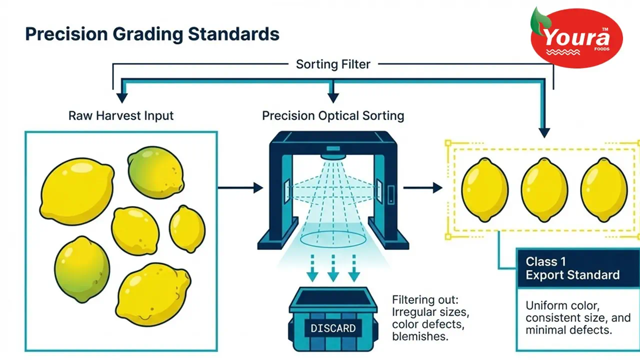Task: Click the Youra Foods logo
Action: pyautogui.click(x=576, y=37)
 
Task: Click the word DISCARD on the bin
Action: pyautogui.click(x=333, y=328)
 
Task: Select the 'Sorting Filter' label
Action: pyautogui.click(x=333, y=64)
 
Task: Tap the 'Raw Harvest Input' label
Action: pyautogui.click(x=121, y=115)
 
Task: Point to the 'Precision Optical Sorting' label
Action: pyautogui.click(x=333, y=115)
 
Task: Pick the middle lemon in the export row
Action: pyautogui.click(x=544, y=190)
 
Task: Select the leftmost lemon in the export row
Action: pyautogui.click(x=485, y=190)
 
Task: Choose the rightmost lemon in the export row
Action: pyautogui.click(x=604, y=190)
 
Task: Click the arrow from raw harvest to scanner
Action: pyautogui.click(x=240, y=187)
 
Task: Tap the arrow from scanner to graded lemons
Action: pyautogui.click(x=423, y=187)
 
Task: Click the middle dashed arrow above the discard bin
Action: pyautogui.click(x=333, y=268)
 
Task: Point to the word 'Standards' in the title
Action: pyautogui.click(x=233, y=34)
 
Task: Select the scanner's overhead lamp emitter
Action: pyautogui.click(x=333, y=156)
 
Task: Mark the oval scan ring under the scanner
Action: pyautogui.click(x=333, y=239)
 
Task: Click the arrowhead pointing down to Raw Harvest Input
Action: pyautogui.click(x=122, y=98)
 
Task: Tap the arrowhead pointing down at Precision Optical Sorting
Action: pyautogui.click(x=333, y=98)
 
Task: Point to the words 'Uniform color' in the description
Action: pyautogui.click(x=562, y=305)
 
